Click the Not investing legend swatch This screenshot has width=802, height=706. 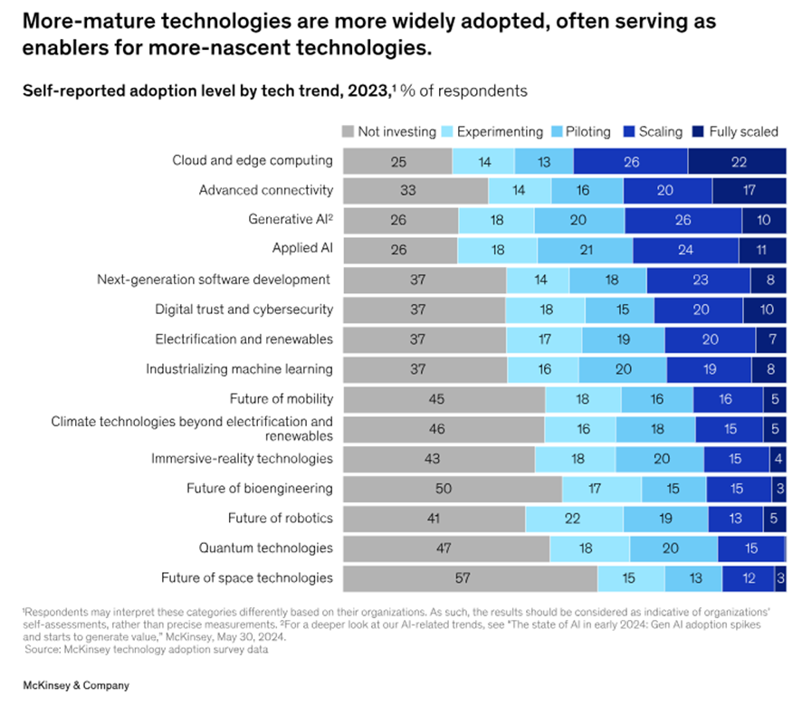tap(348, 131)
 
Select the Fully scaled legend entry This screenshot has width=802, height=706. tap(742, 131)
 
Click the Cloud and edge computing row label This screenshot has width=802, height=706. tap(253, 160)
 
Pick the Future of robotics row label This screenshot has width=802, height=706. tap(281, 518)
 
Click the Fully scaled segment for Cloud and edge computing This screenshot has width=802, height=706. tap(737, 161)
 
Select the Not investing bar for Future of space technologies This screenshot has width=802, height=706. tap(470, 577)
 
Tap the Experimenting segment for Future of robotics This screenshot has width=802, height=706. tap(574, 519)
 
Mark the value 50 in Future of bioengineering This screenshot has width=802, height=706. tap(444, 489)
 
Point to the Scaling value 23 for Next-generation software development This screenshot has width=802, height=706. tap(700, 280)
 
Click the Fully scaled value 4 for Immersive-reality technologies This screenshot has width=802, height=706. tap(778, 459)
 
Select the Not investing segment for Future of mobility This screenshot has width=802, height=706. tap(444, 399)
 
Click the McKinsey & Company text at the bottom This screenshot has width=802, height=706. tap(76, 685)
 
